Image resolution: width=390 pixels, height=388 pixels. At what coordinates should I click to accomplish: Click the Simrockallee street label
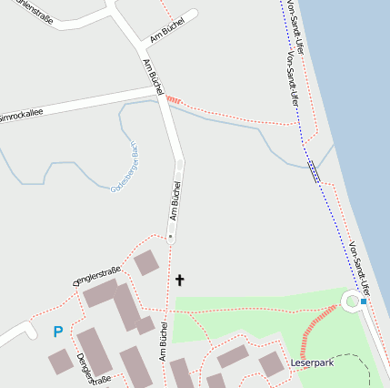tap(20, 114)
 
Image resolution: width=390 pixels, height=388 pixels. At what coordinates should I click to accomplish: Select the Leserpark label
tap(313, 363)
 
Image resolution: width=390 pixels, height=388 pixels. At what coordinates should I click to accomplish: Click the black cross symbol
tap(179, 281)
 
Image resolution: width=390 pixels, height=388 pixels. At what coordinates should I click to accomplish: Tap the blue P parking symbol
tap(58, 332)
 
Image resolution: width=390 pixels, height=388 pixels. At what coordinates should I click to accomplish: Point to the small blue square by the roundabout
tap(364, 301)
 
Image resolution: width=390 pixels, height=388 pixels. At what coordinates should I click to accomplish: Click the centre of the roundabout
tap(352, 301)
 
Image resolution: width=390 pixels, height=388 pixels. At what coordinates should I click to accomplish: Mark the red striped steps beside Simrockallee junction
tap(174, 98)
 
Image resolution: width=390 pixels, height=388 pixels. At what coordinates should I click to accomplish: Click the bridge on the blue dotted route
tap(314, 170)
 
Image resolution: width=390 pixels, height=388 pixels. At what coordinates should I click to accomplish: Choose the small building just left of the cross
tap(146, 263)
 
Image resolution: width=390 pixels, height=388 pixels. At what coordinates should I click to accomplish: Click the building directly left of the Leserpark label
tap(271, 364)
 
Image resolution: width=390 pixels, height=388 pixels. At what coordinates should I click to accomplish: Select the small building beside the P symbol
tap(60, 361)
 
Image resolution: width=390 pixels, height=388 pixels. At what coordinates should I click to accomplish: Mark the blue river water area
tap(359, 109)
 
